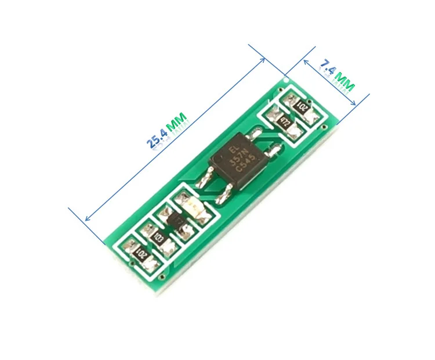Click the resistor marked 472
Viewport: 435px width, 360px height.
coord(284,121)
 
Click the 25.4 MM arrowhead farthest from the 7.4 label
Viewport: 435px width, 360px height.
coord(86,219)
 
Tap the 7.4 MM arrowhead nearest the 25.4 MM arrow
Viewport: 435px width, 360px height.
coord(303,59)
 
